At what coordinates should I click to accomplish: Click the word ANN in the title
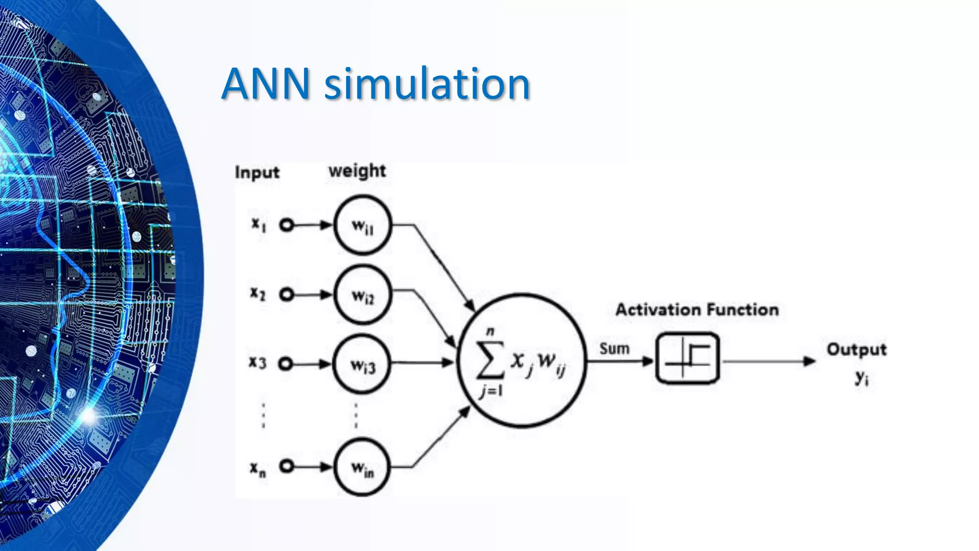click(x=266, y=84)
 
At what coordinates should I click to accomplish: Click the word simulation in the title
click(x=427, y=84)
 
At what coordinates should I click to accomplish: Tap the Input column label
click(x=257, y=172)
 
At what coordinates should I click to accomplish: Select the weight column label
click(x=357, y=171)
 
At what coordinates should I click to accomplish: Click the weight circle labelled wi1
click(x=362, y=225)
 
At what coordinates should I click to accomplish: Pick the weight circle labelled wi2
click(x=362, y=295)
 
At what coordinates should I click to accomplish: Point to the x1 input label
click(x=259, y=224)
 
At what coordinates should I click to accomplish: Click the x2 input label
click(x=258, y=293)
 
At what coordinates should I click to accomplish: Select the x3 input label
click(x=257, y=363)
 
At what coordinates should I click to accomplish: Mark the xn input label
click(x=258, y=468)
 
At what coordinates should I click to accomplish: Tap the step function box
click(x=687, y=358)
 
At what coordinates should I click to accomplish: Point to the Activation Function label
click(x=697, y=310)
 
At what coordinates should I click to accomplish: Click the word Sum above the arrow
click(x=614, y=349)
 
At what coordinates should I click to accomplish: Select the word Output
click(x=857, y=350)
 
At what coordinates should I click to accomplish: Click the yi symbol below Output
click(x=861, y=378)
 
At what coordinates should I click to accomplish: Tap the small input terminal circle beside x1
click(x=286, y=225)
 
